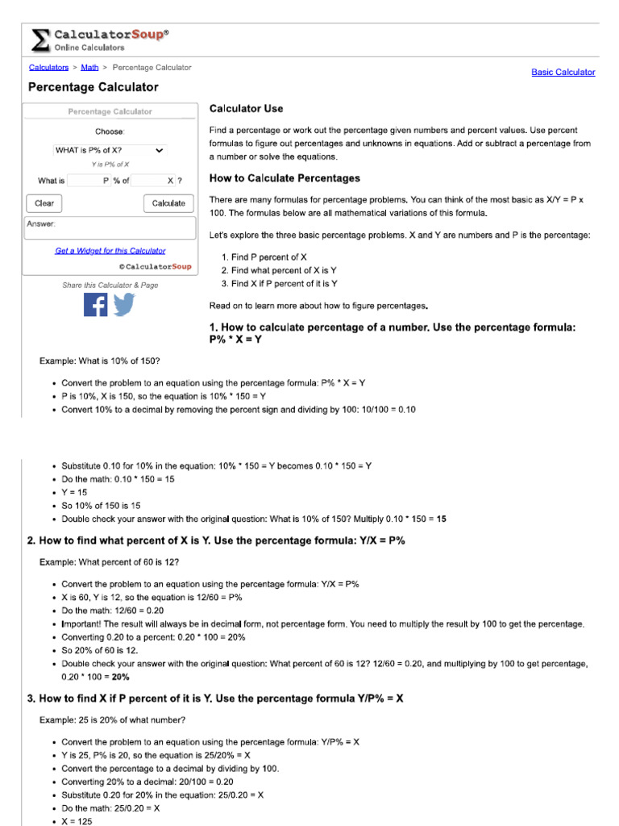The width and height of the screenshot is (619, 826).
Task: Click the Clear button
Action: coord(44,203)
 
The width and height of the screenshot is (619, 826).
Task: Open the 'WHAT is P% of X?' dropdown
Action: coord(110,150)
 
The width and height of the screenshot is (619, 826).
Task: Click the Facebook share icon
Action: coord(95,305)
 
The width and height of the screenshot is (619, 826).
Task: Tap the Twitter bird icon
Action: coord(124,305)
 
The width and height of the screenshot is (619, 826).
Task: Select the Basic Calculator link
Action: coord(563,73)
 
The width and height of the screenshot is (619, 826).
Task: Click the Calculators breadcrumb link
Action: coord(48,68)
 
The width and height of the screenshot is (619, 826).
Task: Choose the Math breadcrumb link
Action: coord(89,68)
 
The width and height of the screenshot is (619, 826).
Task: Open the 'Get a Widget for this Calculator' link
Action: coord(110,251)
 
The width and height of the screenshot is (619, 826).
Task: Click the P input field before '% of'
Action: coord(89,181)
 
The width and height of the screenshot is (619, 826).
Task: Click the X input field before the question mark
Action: coord(152,181)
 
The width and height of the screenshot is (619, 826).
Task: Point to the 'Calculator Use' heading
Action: coord(246,108)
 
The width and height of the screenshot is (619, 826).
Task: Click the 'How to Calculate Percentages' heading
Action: coord(285,178)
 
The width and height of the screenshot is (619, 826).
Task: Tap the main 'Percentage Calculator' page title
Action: coord(93,87)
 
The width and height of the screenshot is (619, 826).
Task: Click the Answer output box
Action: coord(110,228)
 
